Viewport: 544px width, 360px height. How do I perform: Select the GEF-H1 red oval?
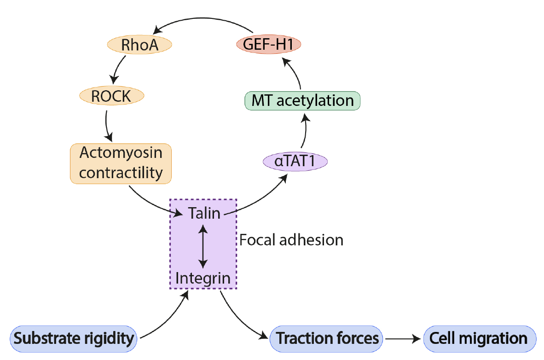(268, 45)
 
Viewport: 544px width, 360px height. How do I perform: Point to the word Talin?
(204, 213)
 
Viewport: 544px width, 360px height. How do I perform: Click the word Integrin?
(203, 278)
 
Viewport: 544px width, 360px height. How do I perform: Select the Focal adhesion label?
(291, 240)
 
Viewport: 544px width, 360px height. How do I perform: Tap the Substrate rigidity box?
(74, 339)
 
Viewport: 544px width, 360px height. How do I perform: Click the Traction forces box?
(326, 339)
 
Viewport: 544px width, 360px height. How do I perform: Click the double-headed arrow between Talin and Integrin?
(203, 245)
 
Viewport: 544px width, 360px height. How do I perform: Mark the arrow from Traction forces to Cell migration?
(404, 339)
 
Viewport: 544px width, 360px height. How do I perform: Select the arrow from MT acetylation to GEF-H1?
(296, 74)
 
